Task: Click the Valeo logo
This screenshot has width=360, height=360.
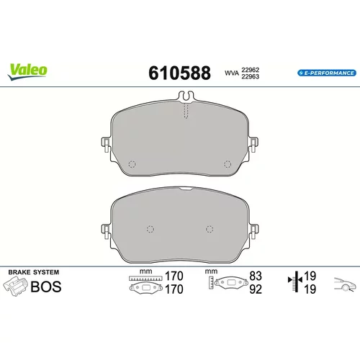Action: click(27, 71)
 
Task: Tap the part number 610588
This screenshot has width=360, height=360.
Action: click(179, 73)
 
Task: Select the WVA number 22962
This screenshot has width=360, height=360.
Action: click(251, 70)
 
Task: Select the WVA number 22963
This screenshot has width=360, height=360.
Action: click(251, 76)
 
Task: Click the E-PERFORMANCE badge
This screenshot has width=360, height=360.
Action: click(327, 73)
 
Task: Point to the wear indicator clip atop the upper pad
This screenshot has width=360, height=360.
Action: click(186, 96)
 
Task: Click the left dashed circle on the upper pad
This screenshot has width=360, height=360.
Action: click(132, 164)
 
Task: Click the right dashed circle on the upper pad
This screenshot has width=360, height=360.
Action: click(228, 164)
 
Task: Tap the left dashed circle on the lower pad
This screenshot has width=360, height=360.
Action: click(150, 229)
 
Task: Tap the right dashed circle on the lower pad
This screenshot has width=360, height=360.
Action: click(210, 229)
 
